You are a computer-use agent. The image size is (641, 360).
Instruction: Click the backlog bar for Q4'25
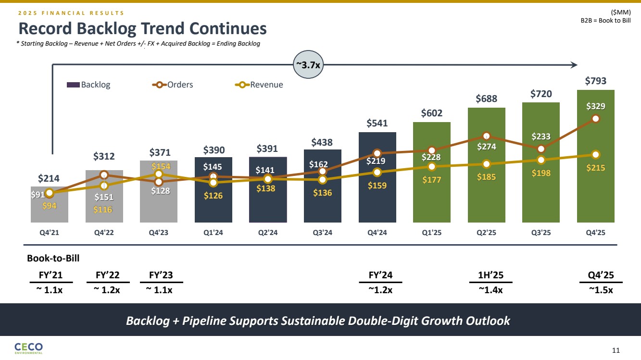tap(595, 192)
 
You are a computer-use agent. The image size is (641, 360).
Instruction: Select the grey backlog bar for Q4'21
tap(49, 211)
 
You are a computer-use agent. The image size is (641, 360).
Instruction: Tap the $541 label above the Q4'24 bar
tap(377, 123)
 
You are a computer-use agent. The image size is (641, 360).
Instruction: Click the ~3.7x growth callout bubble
tap(308, 65)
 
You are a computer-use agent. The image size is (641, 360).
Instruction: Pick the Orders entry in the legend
tap(173, 85)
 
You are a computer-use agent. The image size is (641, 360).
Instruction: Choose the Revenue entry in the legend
tap(259, 85)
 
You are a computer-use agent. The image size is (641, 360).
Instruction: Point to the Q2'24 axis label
tap(268, 233)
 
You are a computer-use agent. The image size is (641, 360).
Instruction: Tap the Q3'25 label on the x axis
tap(540, 233)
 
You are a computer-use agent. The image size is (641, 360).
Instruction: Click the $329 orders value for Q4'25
tap(595, 107)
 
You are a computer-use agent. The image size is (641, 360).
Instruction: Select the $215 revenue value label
tap(595, 168)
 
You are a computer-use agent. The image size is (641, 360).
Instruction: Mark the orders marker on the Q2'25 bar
tap(486, 136)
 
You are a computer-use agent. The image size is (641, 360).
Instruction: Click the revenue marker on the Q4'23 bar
tap(159, 174)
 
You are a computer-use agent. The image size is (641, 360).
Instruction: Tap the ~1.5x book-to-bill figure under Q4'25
tap(601, 290)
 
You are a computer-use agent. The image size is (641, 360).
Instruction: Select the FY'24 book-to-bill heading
tap(380, 275)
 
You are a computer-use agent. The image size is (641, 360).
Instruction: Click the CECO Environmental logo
tap(29, 348)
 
